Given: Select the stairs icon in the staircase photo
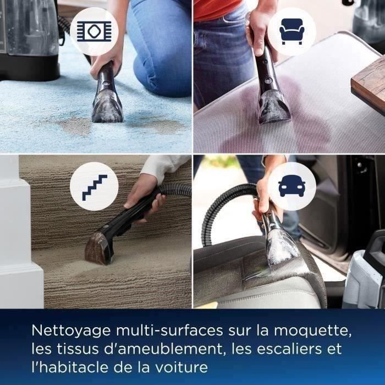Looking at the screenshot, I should coord(95,188).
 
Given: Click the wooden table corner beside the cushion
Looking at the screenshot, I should coord(369,82).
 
